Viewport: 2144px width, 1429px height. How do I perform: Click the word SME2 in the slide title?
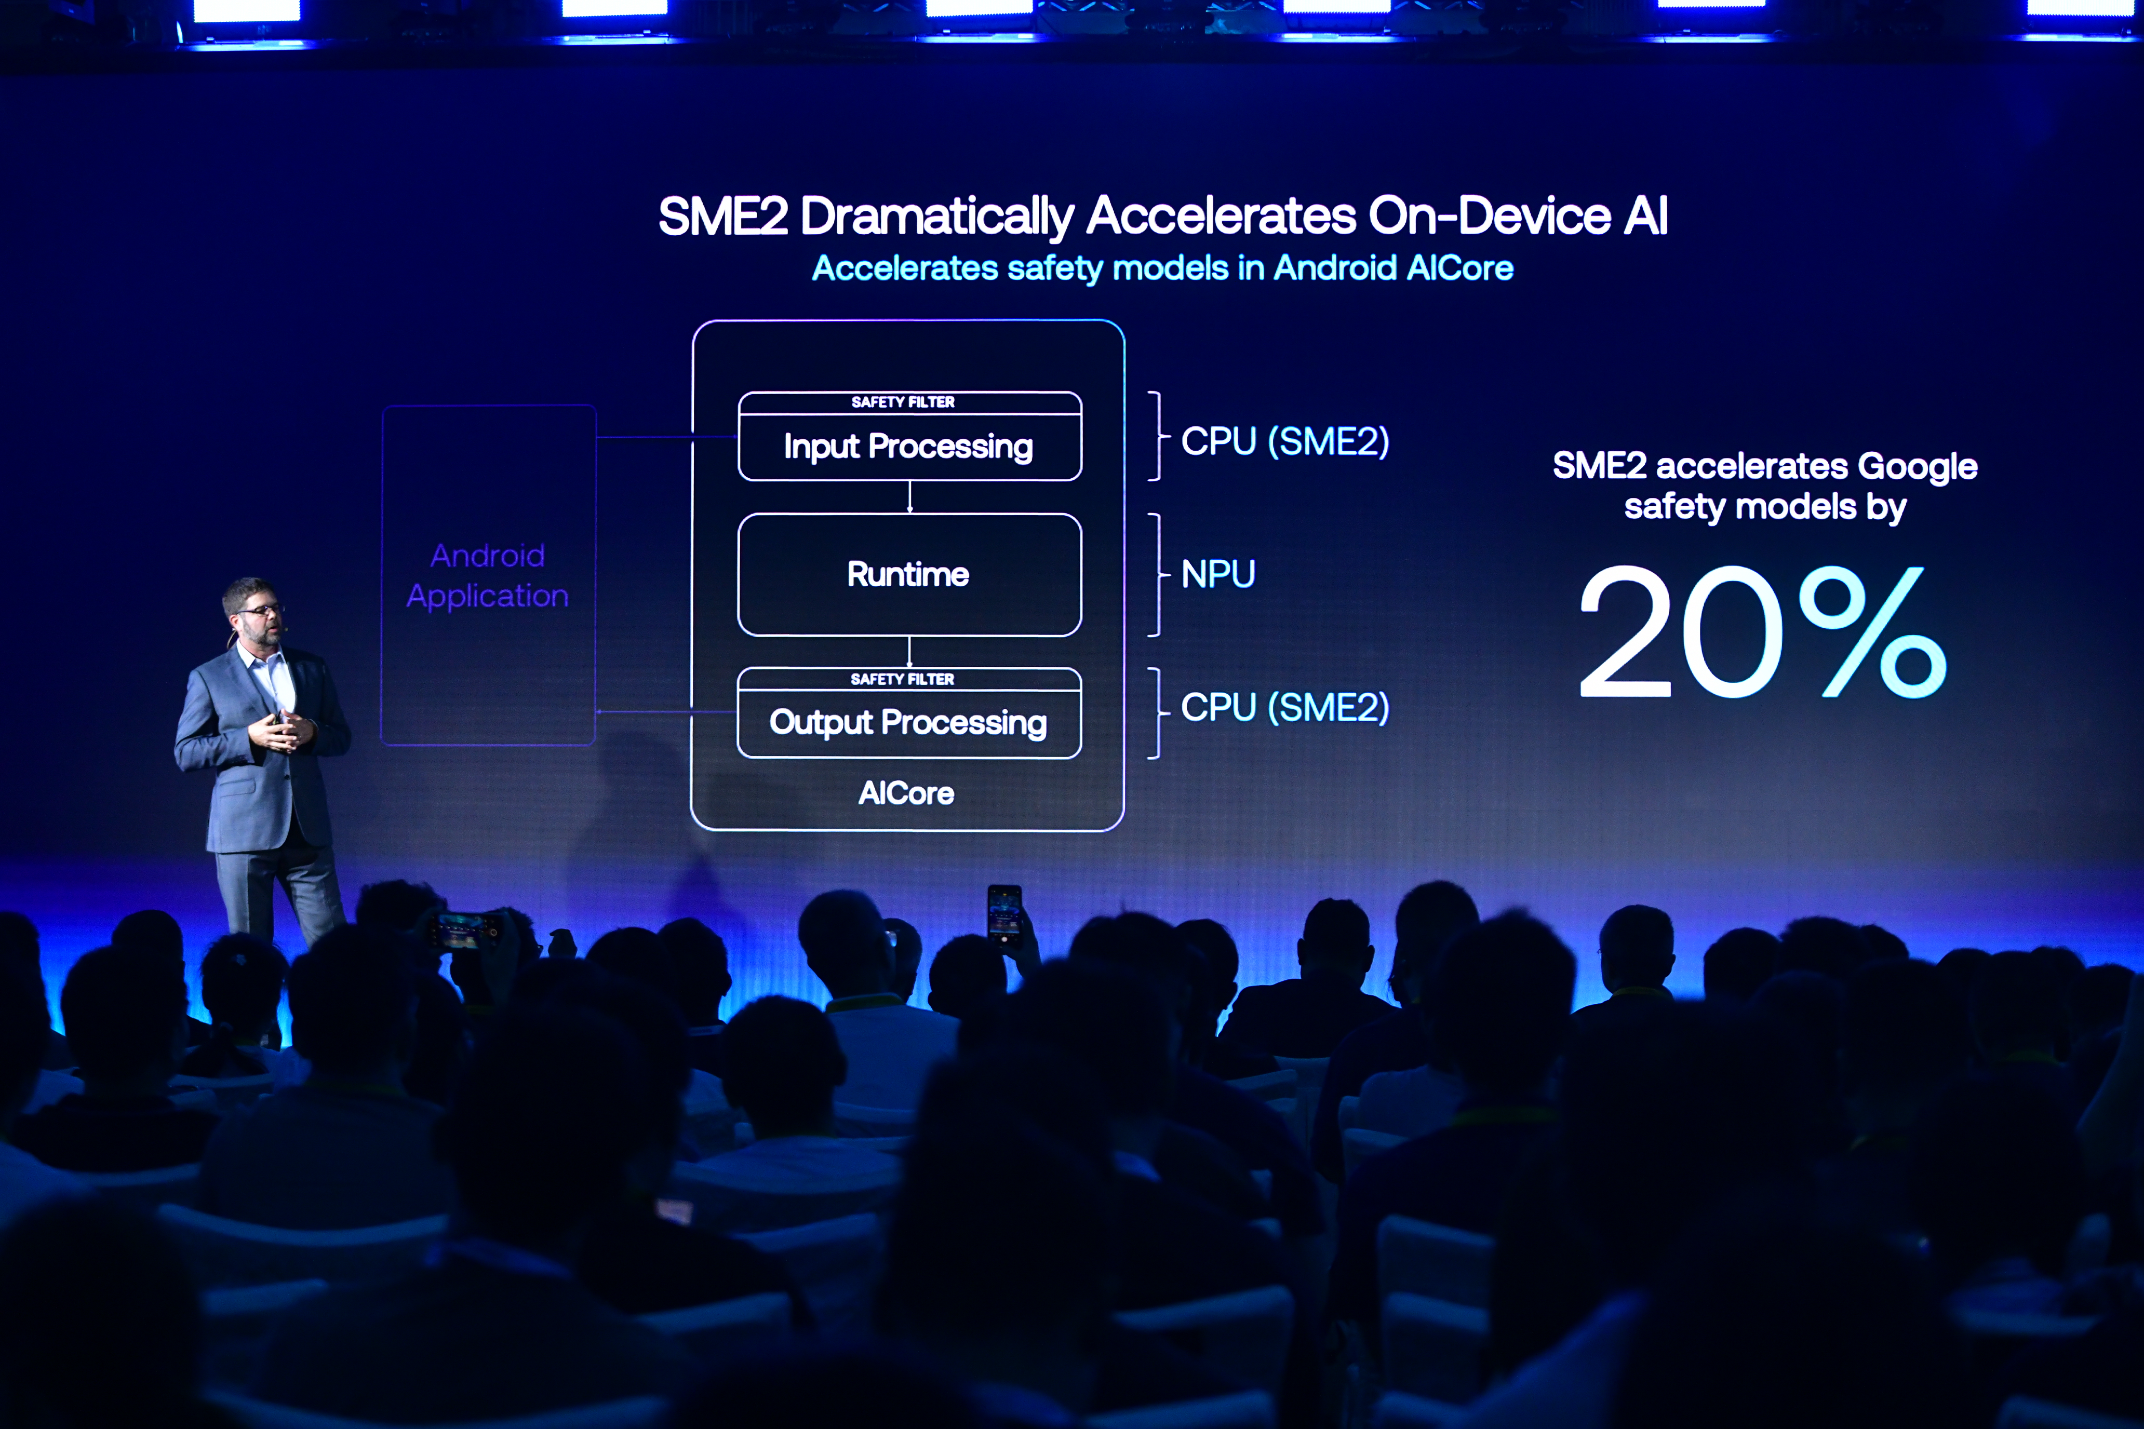[x=723, y=217]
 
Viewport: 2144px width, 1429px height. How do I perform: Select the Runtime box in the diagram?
[x=910, y=574]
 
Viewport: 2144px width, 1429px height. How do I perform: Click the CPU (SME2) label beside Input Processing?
[x=1285, y=442]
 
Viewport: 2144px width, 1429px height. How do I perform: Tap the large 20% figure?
[x=1762, y=631]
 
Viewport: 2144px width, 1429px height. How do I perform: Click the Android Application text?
[x=488, y=575]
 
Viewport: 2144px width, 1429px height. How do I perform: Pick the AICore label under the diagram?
[x=906, y=793]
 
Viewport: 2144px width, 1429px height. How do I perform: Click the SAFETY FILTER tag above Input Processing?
[x=903, y=402]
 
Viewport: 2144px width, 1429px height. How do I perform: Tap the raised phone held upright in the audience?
[x=1004, y=916]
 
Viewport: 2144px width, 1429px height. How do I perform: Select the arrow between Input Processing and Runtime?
[x=910, y=497]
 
